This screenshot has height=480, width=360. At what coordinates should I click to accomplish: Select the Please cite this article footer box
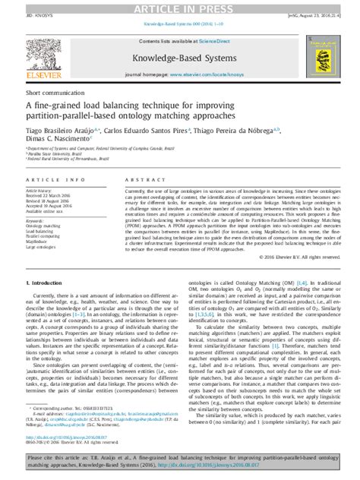pyautogui.click(x=180, y=463)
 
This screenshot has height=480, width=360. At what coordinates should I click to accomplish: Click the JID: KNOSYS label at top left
pyautogui.click(x=24, y=15)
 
